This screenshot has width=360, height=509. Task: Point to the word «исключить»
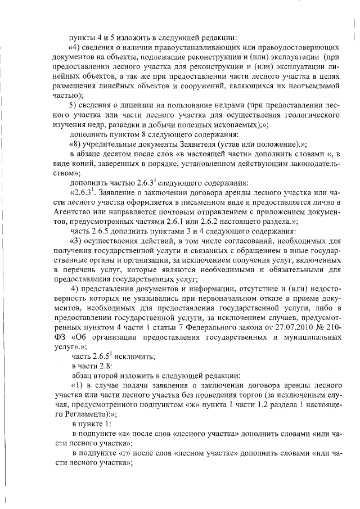coord(129,357)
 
